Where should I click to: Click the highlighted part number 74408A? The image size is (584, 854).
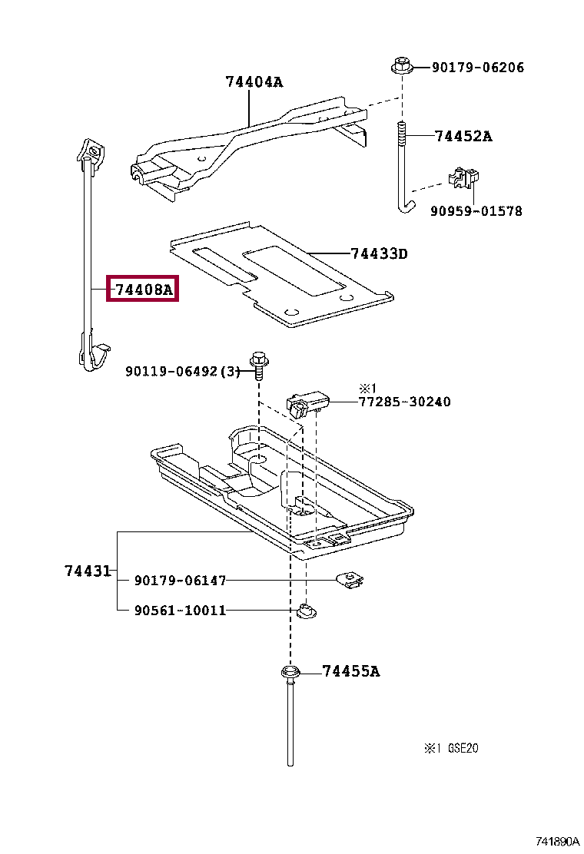(x=143, y=290)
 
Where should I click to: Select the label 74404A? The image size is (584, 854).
(x=254, y=81)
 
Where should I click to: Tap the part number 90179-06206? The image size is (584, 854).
(x=477, y=68)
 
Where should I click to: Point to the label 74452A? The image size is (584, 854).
(x=463, y=137)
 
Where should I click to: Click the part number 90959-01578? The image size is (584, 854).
(x=476, y=210)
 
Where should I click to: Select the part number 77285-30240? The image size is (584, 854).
(x=404, y=402)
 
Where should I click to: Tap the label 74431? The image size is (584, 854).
(x=86, y=571)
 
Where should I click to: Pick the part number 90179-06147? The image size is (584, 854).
(x=180, y=581)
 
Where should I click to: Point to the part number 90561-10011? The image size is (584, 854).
(x=180, y=611)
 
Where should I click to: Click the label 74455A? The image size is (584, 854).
(x=350, y=671)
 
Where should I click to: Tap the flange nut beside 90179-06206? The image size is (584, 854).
(x=401, y=66)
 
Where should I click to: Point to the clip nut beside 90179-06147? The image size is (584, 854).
(x=350, y=580)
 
